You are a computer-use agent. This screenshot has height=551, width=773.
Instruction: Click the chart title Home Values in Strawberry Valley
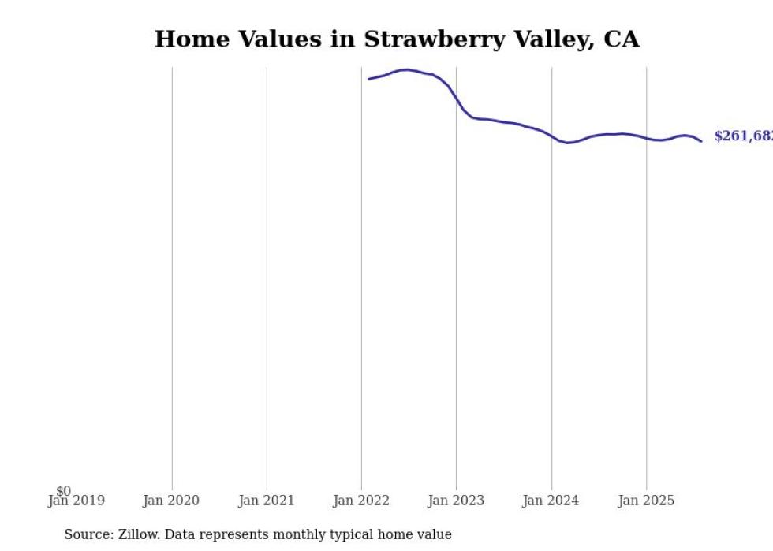pos(396,39)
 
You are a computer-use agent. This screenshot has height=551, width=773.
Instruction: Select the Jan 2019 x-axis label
pos(77,501)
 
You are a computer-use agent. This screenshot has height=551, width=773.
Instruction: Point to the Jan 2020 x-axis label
pos(171,501)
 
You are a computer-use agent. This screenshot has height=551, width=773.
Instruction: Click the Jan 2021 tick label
pos(267,501)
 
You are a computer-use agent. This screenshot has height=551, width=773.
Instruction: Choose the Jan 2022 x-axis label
pos(361,501)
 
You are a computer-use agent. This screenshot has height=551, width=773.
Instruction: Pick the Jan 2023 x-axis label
pos(456,501)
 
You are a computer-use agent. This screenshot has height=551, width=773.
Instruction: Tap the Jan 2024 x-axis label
pos(551,501)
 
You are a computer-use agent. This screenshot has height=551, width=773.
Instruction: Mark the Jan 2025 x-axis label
pos(646,501)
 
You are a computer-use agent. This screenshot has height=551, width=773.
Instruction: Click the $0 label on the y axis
pos(63,491)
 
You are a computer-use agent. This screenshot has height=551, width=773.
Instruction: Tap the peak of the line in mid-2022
pos(406,69)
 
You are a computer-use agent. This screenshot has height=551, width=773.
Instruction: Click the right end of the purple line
pos(701,141)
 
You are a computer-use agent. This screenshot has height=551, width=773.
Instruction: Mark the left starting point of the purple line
pos(368,79)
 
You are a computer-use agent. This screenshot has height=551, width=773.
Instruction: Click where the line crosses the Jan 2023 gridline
pos(456,98)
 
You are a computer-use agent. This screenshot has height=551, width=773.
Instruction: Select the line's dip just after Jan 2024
pos(567,143)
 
